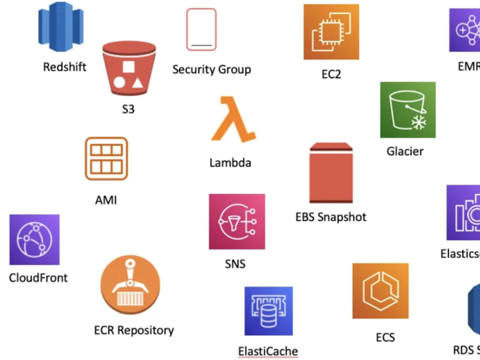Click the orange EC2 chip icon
pyautogui.click(x=331, y=32)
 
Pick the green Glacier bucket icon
pyautogui.click(x=408, y=109)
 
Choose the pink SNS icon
pyautogui.click(x=237, y=221)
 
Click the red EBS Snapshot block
pyautogui.click(x=331, y=173)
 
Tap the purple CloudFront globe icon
pyautogui.click(x=35, y=240)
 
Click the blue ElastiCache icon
pyautogui.click(x=268, y=311)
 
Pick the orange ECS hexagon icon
pyautogui.click(x=380, y=291)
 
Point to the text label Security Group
pyautogui.click(x=212, y=70)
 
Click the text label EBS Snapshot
pyautogui.click(x=331, y=217)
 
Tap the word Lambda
pyautogui.click(x=230, y=163)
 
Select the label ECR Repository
pyautogui.click(x=134, y=330)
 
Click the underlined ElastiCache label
pyautogui.click(x=268, y=351)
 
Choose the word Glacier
pyautogui.click(x=405, y=151)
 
